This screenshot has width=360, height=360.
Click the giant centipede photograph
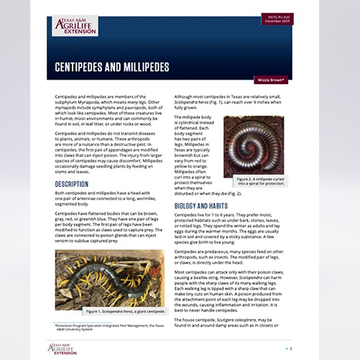pyautogui.click(x=109, y=277)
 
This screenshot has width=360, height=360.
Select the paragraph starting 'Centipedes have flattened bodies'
pyautogui.click(x=109, y=231)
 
